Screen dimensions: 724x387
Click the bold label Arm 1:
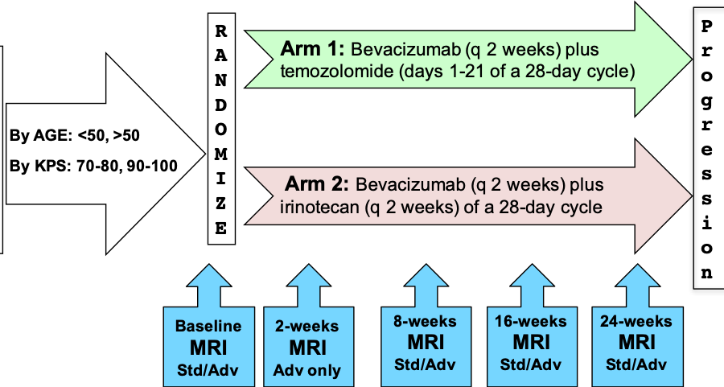pos(312,48)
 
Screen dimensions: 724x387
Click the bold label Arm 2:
pos(317,183)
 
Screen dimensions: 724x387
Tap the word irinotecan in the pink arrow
pos(319,207)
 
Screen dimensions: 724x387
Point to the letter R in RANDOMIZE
pos(221,31)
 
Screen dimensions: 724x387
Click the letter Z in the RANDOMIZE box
pos(221,204)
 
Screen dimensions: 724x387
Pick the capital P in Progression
pos(706,26)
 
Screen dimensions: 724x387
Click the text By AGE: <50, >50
pos(74,135)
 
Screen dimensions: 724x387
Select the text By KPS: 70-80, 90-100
pos(93,165)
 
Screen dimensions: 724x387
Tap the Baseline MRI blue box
pos(208,346)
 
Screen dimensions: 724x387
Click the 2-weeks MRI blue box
pos(308,346)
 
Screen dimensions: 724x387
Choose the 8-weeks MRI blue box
pos(426,346)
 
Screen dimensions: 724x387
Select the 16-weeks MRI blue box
pos(532,346)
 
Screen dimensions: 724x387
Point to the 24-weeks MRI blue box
pos(637,346)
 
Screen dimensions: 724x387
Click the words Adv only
pos(307,370)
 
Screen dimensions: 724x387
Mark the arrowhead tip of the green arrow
pos(692,59)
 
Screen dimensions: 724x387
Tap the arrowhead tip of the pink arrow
pos(692,196)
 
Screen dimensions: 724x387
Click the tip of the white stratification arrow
pos(205,154)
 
